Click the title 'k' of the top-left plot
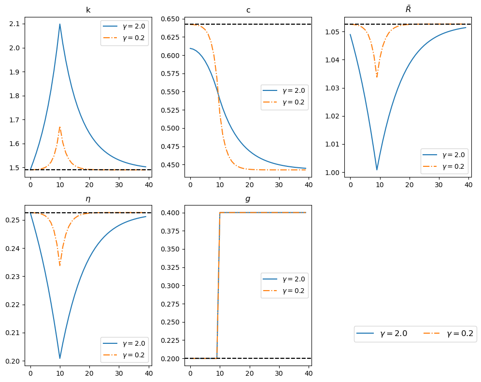point(88,10)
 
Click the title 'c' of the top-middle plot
point(248,10)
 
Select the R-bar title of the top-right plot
point(408,10)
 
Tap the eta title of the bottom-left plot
point(88,198)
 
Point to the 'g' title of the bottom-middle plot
point(248,199)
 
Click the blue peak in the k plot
point(60,24)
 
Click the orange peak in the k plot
point(60,127)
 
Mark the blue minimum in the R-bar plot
point(377,169)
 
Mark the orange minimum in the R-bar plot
point(377,77)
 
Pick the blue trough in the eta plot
point(60,358)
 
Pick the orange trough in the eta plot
point(60,265)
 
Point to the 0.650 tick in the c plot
point(171,19)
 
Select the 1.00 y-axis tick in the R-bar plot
point(335,173)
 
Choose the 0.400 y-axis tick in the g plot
point(171,213)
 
